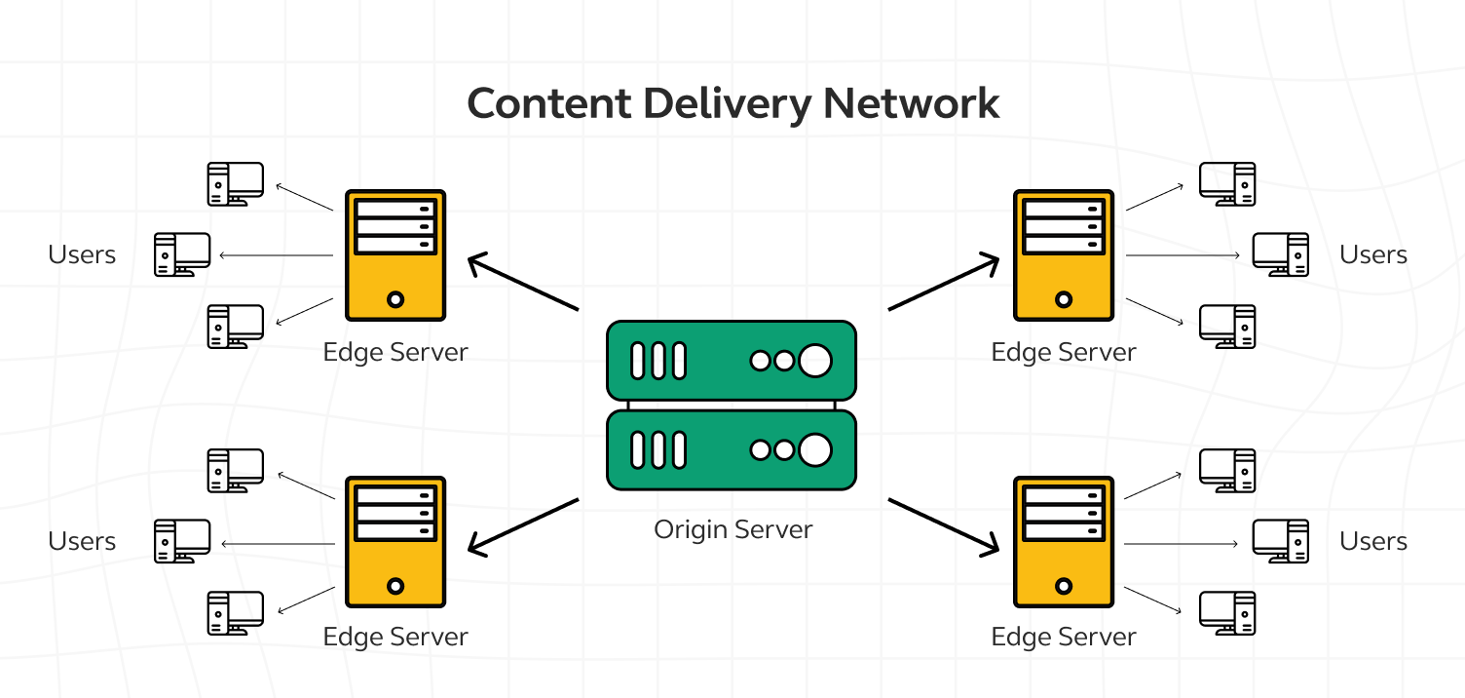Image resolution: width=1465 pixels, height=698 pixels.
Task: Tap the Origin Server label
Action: pos(732,530)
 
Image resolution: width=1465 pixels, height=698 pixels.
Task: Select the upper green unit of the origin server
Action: pos(731,361)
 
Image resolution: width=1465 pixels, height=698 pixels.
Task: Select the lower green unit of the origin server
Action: pos(731,449)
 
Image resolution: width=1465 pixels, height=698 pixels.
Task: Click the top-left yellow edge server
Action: pos(395,255)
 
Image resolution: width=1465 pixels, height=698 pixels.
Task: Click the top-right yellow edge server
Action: pos(1064,255)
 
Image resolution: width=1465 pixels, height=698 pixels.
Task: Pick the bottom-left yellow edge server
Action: pos(395,542)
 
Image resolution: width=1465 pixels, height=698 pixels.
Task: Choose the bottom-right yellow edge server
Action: pos(1064,542)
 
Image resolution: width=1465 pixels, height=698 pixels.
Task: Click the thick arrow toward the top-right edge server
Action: pos(943,284)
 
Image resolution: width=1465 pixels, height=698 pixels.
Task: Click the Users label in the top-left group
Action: pos(82,255)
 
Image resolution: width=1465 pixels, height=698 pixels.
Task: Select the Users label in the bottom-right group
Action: pos(1373,541)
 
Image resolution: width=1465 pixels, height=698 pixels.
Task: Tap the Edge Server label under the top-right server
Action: pos(1064,352)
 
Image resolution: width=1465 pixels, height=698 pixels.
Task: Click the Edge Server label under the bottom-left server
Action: pos(395,638)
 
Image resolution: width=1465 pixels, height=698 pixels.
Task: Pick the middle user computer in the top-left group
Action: pos(182,254)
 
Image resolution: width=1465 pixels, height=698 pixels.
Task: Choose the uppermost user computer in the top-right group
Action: pos(1227,183)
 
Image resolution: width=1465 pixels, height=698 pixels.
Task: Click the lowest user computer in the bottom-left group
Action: pos(235,613)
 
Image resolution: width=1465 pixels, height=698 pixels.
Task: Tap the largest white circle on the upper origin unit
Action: pos(815,361)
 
